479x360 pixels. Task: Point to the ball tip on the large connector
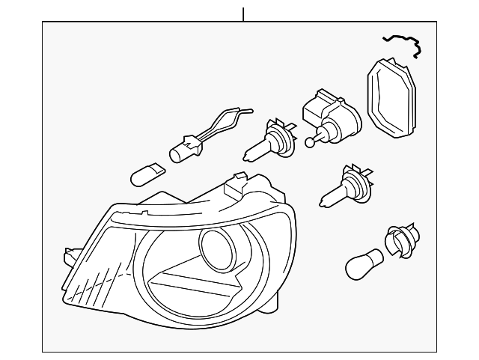pos(309,140)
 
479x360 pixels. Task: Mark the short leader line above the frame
pos(243,13)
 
